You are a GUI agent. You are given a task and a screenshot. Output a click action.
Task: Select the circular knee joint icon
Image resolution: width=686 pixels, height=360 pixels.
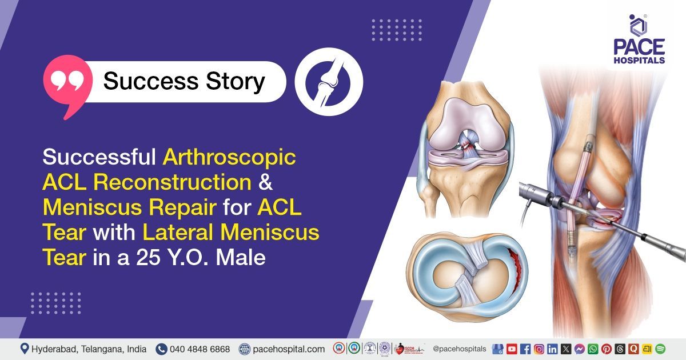click(329, 82)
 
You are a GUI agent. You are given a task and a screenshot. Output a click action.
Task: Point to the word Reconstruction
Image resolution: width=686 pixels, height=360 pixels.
click(171, 182)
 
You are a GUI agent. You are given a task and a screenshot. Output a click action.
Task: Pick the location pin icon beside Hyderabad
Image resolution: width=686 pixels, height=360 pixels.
click(25, 349)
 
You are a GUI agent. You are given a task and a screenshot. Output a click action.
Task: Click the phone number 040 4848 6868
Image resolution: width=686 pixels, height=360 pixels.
click(200, 349)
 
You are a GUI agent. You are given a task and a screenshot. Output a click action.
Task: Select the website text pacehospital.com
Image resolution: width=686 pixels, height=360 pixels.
click(289, 349)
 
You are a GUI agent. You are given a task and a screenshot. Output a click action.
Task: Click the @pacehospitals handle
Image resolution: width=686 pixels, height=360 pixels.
click(460, 349)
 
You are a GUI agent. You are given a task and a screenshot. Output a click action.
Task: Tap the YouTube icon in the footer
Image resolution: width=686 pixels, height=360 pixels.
click(512, 349)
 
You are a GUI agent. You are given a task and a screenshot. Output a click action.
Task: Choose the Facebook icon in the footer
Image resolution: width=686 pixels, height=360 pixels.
click(525, 349)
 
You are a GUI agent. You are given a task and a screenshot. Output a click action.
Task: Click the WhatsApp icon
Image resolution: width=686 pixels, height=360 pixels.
click(593, 349)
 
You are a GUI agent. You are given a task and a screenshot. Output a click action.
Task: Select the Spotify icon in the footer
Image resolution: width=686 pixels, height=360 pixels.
click(660, 349)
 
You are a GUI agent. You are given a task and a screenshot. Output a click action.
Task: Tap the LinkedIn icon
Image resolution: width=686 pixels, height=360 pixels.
click(552, 349)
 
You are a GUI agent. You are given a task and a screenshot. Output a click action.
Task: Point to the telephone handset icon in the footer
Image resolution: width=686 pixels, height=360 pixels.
click(161, 349)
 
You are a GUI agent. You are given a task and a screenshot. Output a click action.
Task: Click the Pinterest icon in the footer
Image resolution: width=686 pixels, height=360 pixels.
click(607, 349)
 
